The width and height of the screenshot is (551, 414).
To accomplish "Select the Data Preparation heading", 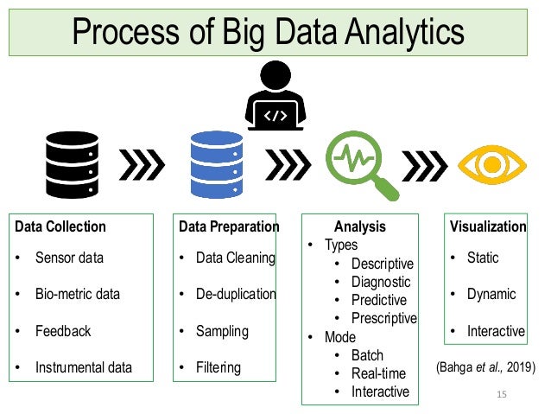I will (x=229, y=226).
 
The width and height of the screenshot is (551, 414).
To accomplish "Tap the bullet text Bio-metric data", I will (x=78, y=294).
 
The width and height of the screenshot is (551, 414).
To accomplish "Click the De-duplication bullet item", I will (x=236, y=294).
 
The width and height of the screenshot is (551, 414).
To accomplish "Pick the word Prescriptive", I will (x=383, y=318).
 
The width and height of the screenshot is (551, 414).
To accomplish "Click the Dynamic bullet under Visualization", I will (x=491, y=294).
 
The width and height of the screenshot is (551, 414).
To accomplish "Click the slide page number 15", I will (x=502, y=395).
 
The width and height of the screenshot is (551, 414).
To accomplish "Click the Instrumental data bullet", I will (x=84, y=367).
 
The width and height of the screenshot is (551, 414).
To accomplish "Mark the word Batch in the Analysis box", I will (x=367, y=355).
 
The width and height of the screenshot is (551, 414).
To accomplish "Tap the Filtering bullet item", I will (x=218, y=367).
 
